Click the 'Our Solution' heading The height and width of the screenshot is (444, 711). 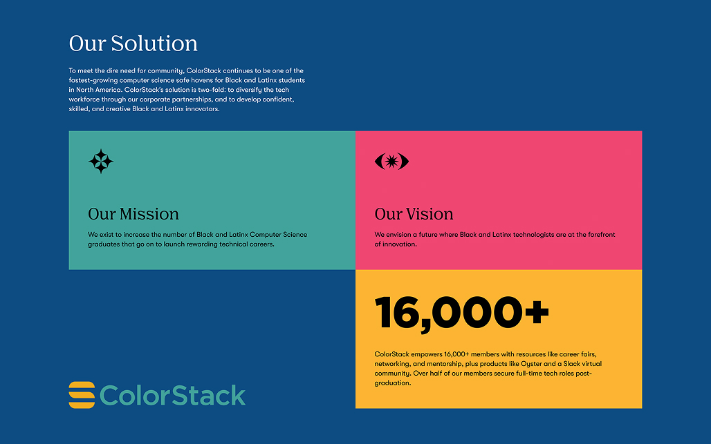[x=133, y=44]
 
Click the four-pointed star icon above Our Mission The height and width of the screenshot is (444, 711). [x=101, y=161]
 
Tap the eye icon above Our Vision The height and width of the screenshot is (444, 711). [x=391, y=161]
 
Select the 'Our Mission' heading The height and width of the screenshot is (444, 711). [x=133, y=214]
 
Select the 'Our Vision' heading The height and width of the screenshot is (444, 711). [x=414, y=214]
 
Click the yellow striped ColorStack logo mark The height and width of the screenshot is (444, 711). [x=82, y=395]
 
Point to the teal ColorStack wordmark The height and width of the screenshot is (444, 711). [x=172, y=396]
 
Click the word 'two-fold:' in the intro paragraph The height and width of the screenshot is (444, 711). [x=212, y=90]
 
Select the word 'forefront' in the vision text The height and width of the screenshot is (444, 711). [x=601, y=235]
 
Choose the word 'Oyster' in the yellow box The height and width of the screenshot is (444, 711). [x=531, y=364]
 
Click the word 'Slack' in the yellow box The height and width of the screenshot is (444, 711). [x=572, y=363]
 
